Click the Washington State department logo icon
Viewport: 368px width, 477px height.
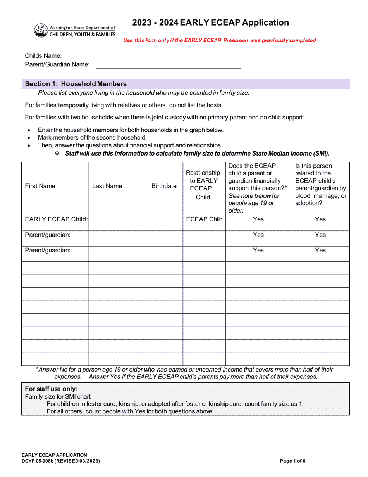(x=41, y=30)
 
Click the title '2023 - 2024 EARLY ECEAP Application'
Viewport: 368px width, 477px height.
(x=210, y=22)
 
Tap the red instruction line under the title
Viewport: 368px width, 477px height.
(x=219, y=40)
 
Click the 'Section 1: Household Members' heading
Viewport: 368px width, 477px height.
(x=76, y=84)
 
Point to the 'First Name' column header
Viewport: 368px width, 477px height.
(x=40, y=186)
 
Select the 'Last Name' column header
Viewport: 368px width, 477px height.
(x=107, y=186)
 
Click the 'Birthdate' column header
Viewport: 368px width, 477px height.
(x=164, y=186)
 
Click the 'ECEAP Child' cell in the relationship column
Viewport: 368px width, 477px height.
(x=204, y=219)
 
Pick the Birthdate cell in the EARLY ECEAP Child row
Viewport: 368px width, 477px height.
(x=164, y=223)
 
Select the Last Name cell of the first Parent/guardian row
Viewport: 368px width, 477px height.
(x=117, y=238)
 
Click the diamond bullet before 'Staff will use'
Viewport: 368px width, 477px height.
(x=57, y=153)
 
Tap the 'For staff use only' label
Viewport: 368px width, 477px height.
(x=51, y=389)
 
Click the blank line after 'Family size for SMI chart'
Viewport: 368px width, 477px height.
(x=166, y=397)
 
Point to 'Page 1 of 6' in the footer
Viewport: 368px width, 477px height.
(x=293, y=461)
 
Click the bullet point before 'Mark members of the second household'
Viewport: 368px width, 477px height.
(x=29, y=138)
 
